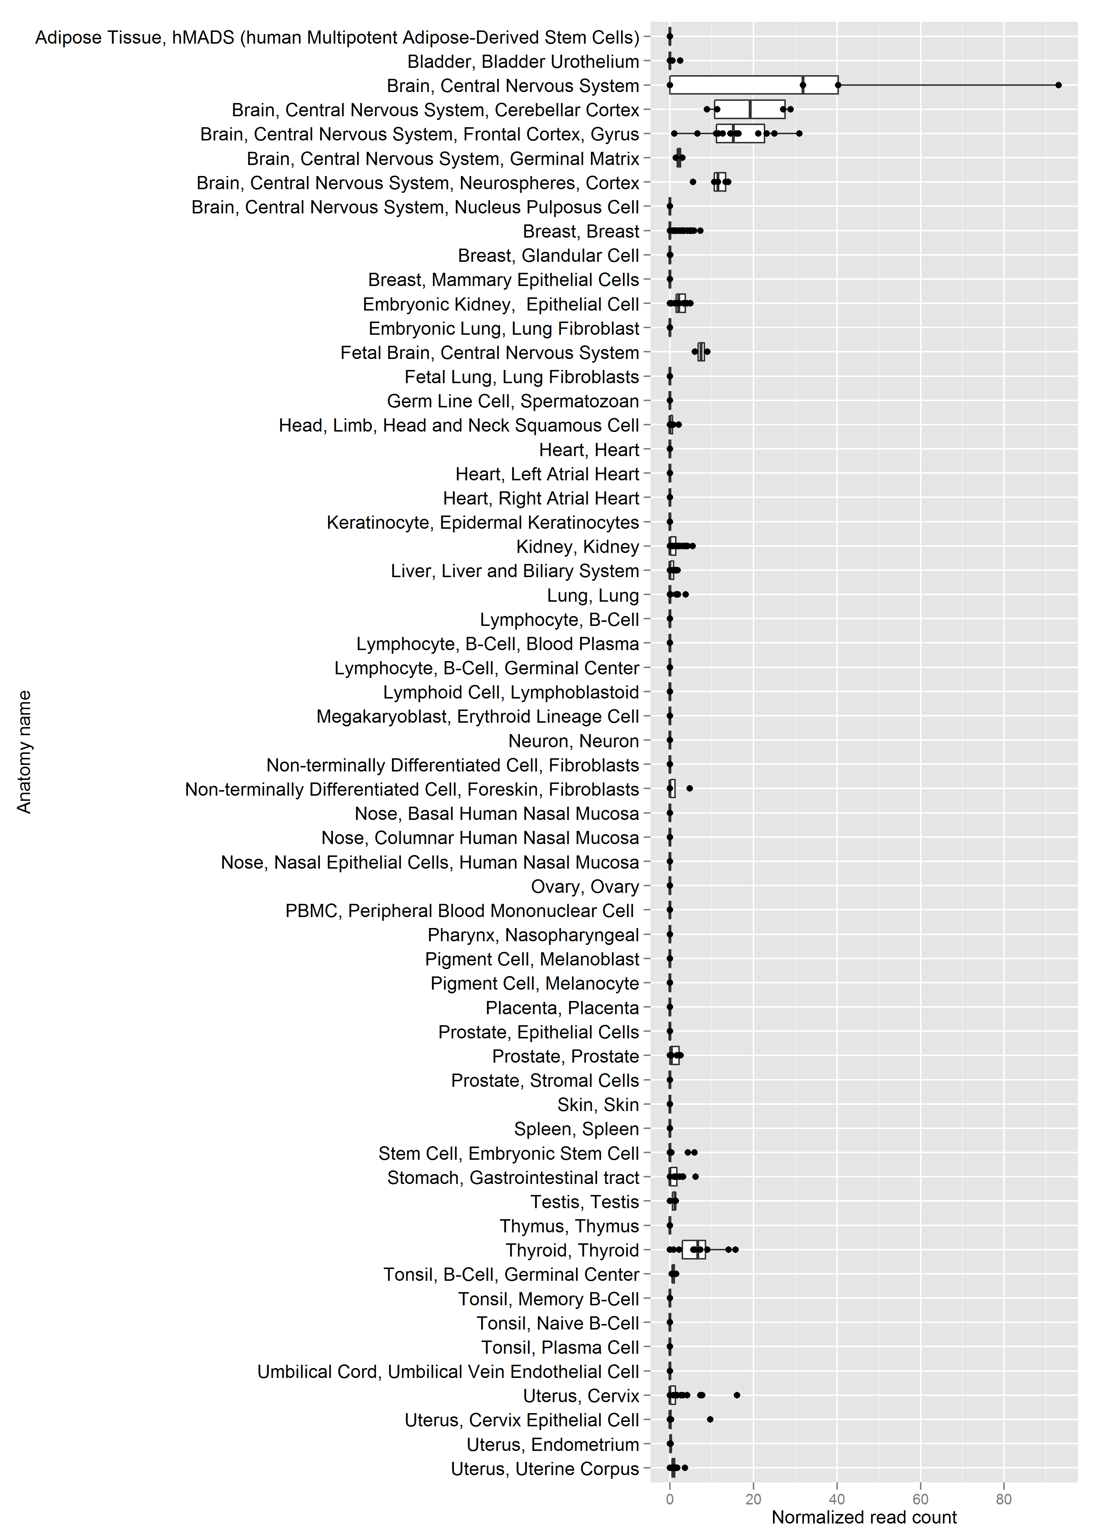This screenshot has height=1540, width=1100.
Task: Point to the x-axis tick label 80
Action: coord(1004,1499)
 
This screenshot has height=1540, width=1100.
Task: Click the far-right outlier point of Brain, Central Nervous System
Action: coord(1058,85)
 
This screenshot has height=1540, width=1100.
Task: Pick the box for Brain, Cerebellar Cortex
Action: coord(750,109)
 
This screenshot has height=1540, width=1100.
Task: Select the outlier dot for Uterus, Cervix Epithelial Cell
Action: coord(710,1419)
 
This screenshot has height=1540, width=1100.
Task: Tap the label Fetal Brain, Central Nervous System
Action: coord(490,353)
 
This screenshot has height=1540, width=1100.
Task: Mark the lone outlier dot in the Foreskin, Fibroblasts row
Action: coord(690,788)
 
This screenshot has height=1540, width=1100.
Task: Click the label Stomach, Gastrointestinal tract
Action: coord(513,1178)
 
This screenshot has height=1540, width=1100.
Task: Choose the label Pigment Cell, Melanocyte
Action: coord(535,983)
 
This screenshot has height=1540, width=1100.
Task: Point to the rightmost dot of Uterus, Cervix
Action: coord(737,1395)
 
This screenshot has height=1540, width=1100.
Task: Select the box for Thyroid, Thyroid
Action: coord(694,1250)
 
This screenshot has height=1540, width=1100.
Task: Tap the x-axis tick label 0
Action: coord(670,1499)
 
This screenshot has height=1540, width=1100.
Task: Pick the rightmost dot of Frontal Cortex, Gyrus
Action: coord(799,133)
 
